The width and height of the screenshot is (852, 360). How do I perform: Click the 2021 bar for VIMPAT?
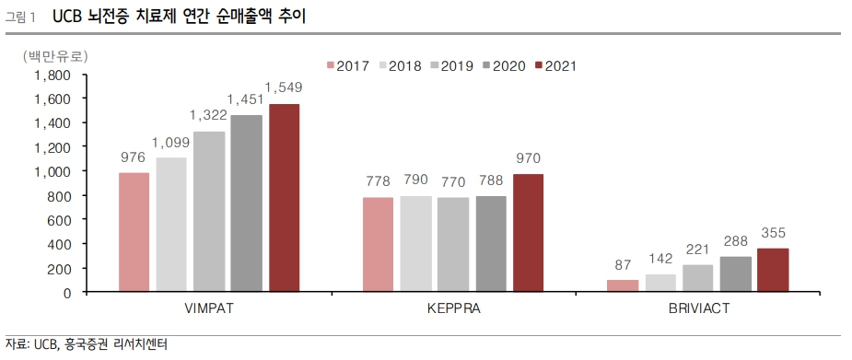(284, 198)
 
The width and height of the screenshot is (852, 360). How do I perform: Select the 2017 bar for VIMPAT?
(134, 232)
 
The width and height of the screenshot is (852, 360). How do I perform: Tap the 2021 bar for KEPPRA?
(528, 233)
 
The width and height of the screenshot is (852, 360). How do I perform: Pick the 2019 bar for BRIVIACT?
(698, 278)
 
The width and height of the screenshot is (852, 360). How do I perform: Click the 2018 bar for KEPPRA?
(415, 244)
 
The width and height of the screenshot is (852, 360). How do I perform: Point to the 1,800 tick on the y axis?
(52, 75)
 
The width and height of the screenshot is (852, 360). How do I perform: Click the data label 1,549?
(284, 87)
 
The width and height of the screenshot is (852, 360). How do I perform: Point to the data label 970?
(528, 157)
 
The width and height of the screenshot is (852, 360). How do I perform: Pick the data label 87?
(623, 264)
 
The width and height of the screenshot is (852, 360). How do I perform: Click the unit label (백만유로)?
(53, 56)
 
